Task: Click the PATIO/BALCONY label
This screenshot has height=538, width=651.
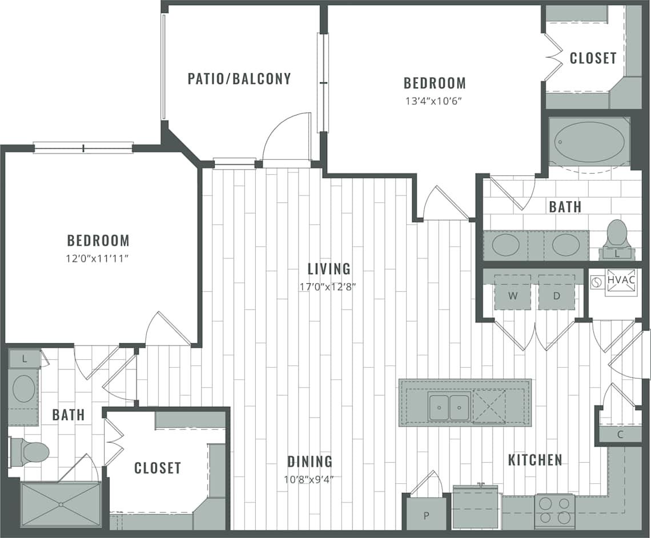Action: (239, 79)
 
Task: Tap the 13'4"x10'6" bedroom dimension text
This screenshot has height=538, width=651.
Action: (435, 101)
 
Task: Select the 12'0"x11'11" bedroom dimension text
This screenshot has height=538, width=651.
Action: (98, 258)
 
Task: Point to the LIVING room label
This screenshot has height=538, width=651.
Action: (329, 268)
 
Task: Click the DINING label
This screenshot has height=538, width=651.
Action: (310, 461)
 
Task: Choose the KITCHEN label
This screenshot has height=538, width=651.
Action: (535, 460)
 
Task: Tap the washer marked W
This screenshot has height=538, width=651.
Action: (512, 296)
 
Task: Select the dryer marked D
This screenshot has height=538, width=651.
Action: (556, 296)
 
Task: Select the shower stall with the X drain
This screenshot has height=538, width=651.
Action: (60, 504)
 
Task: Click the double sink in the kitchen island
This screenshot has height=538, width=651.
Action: (449, 407)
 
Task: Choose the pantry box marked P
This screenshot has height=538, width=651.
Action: (426, 515)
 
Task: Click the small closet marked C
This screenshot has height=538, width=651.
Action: (620, 432)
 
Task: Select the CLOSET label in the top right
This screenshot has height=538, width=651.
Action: (593, 58)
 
